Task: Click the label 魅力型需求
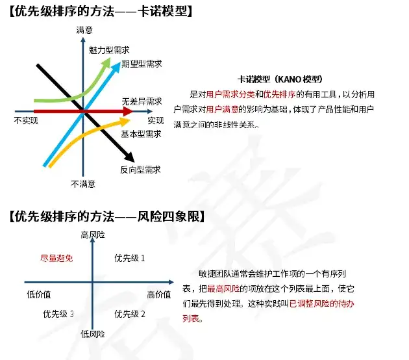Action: click(x=108, y=50)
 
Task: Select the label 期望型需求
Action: click(x=141, y=64)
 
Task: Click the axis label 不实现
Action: click(x=25, y=121)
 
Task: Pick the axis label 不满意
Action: click(x=84, y=185)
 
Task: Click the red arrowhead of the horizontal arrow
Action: click(x=129, y=112)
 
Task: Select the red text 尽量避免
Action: click(x=56, y=259)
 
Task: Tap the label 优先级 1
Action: click(x=130, y=259)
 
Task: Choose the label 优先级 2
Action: click(x=130, y=315)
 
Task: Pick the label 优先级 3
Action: click(x=58, y=315)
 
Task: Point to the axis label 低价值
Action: click(x=39, y=295)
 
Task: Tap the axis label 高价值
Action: click(x=159, y=295)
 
